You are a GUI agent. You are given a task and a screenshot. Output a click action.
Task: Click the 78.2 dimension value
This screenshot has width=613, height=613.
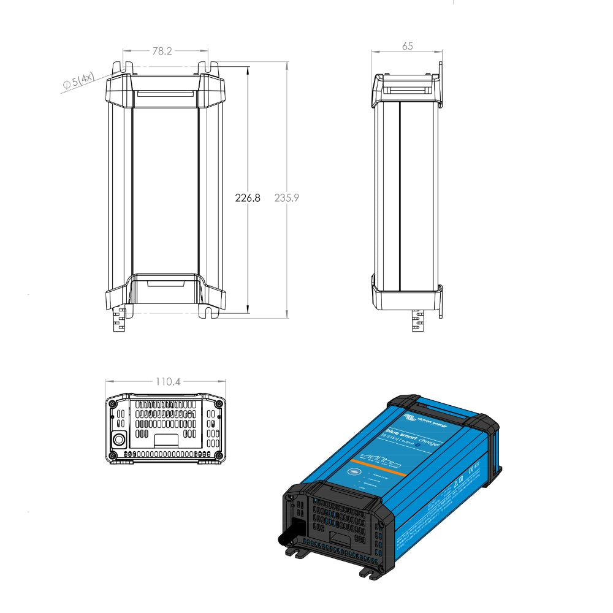coord(162,51)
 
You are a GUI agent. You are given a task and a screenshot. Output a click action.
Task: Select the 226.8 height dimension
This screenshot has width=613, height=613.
coord(248,198)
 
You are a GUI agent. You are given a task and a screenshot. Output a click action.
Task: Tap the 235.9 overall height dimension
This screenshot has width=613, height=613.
coord(286,198)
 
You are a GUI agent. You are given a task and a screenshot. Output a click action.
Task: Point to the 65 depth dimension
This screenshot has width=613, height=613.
coord(407,46)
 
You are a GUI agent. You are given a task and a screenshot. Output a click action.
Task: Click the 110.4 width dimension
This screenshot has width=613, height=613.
coord(167,381)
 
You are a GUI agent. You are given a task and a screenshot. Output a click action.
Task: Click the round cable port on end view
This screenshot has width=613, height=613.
coord(119,440)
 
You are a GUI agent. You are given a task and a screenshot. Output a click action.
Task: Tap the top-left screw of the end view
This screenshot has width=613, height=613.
coord(112,403)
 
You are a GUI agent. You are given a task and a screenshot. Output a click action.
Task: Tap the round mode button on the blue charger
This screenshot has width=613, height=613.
coord(355,471)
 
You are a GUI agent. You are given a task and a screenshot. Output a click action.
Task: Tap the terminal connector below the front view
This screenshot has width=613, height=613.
coord(121,320)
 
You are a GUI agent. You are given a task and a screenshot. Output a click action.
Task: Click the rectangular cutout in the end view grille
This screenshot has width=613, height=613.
coord(166,440)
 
